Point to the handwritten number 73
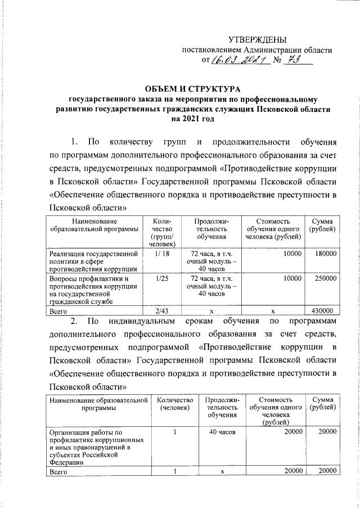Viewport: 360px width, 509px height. pyautogui.click(x=296, y=60)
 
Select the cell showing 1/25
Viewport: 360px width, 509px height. pyautogui.click(x=161, y=278)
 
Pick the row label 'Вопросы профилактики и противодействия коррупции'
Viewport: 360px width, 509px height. pyautogui.click(x=93, y=290)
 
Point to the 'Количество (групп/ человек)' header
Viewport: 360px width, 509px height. pyautogui.click(x=161, y=232)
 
